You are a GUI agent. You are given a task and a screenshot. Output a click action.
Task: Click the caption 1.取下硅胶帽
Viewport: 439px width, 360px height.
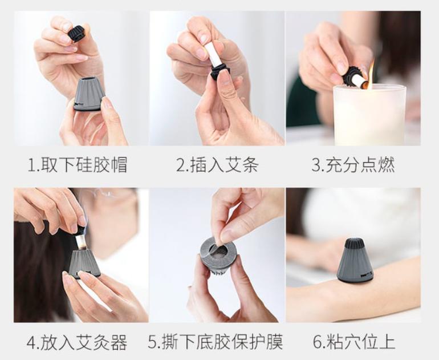pyautogui.click(x=78, y=165)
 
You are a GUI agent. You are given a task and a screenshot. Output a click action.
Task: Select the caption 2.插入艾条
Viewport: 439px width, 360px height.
pyautogui.click(x=217, y=165)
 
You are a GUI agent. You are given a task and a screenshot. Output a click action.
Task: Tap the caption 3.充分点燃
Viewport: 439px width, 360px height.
pyautogui.click(x=353, y=165)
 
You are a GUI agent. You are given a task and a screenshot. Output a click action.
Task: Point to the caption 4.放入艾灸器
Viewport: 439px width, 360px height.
pyautogui.click(x=78, y=342)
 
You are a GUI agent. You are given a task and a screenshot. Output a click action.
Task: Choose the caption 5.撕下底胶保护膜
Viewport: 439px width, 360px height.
pyautogui.click(x=217, y=342)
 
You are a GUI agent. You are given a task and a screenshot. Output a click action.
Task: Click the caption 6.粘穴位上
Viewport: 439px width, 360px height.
pyautogui.click(x=353, y=342)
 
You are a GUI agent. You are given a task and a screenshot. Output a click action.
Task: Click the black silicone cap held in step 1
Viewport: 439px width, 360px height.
pyautogui.click(x=76, y=34)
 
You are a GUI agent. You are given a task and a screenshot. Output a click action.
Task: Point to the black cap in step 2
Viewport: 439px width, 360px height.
pyautogui.click(x=219, y=71)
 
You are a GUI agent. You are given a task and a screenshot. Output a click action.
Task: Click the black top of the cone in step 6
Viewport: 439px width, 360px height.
pyautogui.click(x=355, y=244)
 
